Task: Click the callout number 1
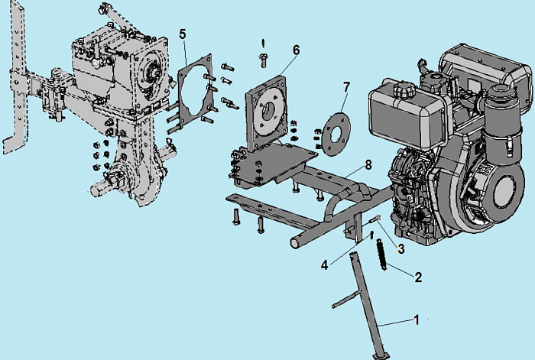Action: click(x=416, y=319)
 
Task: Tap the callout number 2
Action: click(x=418, y=277)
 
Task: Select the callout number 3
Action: click(x=401, y=248)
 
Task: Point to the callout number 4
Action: click(x=325, y=264)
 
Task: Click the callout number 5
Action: click(x=183, y=34)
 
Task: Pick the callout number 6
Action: click(x=296, y=50)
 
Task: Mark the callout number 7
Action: click(x=346, y=87)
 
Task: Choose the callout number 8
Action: click(x=368, y=165)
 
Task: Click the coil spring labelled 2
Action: click(x=381, y=255)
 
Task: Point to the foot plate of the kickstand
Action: click(x=381, y=356)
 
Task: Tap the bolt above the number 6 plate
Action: click(x=263, y=60)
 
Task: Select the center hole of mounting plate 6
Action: click(x=268, y=112)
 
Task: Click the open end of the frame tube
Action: click(x=294, y=243)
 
